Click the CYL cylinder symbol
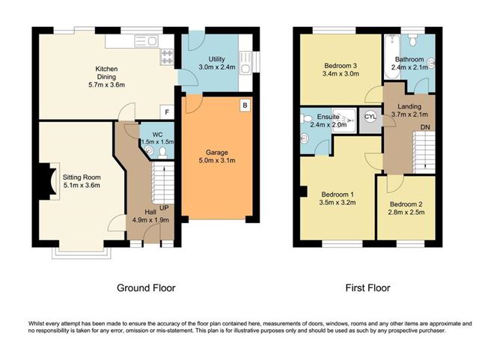pyautogui.click(x=371, y=117)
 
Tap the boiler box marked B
pyautogui.click(x=245, y=106)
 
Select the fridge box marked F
pyautogui.click(x=167, y=112)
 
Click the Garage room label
pyautogui.click(x=217, y=153)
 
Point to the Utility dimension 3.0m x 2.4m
pyautogui.click(x=217, y=67)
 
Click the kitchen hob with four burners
pyautogui.click(x=167, y=57)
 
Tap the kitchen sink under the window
pyautogui.click(x=147, y=41)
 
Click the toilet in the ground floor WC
pyautogui.click(x=163, y=153)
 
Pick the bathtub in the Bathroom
pyautogui.click(x=392, y=57)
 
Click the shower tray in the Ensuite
pyautogui.click(x=345, y=118)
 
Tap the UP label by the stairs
pyautogui.click(x=164, y=208)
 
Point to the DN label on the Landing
pyautogui.click(x=425, y=127)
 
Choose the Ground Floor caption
pyautogui.click(x=146, y=288)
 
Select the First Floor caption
pyautogui.click(x=368, y=288)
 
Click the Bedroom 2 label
pyautogui.click(x=406, y=204)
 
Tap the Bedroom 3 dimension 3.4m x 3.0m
pyautogui.click(x=341, y=74)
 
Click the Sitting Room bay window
pyautogui.click(x=82, y=253)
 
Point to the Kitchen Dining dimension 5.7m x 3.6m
pyautogui.click(x=106, y=85)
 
